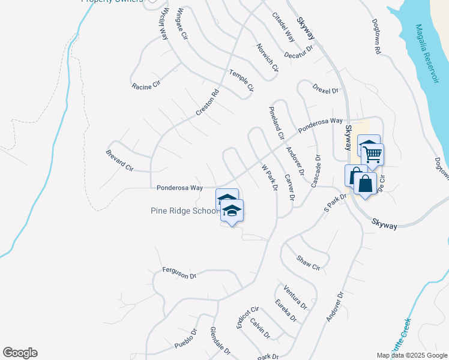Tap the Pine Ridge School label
point(184,211)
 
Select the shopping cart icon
point(372,155)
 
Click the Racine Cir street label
point(146,84)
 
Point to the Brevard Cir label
point(119,160)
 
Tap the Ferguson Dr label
point(179,274)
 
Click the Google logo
point(20,353)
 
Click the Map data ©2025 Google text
point(412,355)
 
